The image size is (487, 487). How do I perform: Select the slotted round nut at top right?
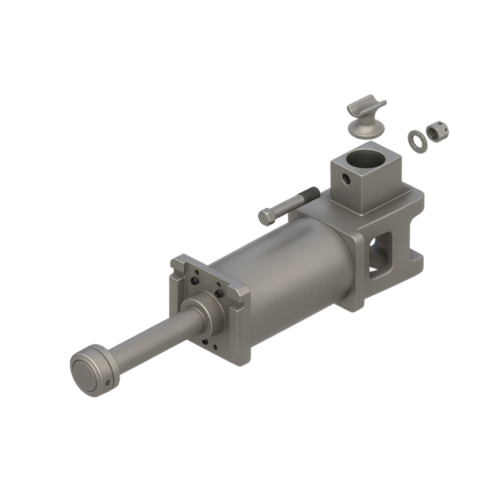(x=438, y=130)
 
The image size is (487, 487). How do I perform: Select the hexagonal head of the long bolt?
(x=266, y=217)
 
